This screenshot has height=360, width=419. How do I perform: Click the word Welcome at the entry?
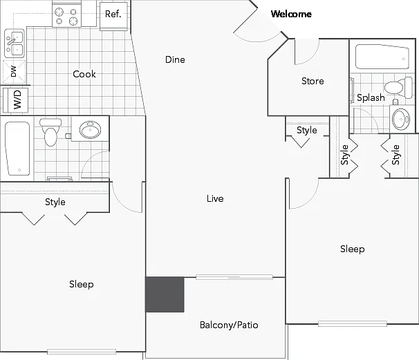291,14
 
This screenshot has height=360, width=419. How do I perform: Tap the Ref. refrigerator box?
113,16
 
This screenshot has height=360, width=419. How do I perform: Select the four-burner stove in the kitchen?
66,16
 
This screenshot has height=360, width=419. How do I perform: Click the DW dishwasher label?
14,71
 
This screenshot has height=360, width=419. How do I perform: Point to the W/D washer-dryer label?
17,100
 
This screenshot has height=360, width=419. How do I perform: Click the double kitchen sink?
15,44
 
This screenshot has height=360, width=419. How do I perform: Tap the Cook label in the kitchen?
84,74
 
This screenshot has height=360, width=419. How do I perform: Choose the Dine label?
175,59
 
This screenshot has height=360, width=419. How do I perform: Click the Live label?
215,198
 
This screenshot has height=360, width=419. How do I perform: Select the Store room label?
313,81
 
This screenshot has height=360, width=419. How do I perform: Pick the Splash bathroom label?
371,97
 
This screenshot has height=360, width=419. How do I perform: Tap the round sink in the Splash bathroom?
401,119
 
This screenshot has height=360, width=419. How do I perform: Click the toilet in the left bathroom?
50,132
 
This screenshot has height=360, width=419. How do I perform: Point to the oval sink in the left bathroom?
90,129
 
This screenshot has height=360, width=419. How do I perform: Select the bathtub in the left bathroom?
17,149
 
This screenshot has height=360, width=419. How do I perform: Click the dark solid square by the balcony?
165,294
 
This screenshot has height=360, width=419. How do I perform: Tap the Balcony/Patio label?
229,325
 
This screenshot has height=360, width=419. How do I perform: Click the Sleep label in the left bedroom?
81,284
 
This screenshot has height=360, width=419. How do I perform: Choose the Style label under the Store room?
307,131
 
